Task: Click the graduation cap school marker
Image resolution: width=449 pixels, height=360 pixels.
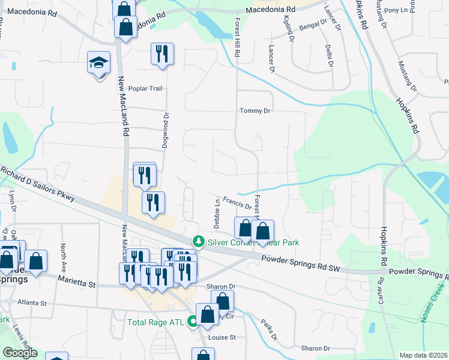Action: (x=98, y=63)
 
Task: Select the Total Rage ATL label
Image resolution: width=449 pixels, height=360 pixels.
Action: (x=156, y=322)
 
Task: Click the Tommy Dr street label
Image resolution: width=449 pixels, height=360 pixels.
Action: (x=256, y=110)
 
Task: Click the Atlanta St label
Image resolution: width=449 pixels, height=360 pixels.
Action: (x=32, y=302)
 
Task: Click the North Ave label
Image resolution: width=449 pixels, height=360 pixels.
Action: (x=62, y=255)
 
